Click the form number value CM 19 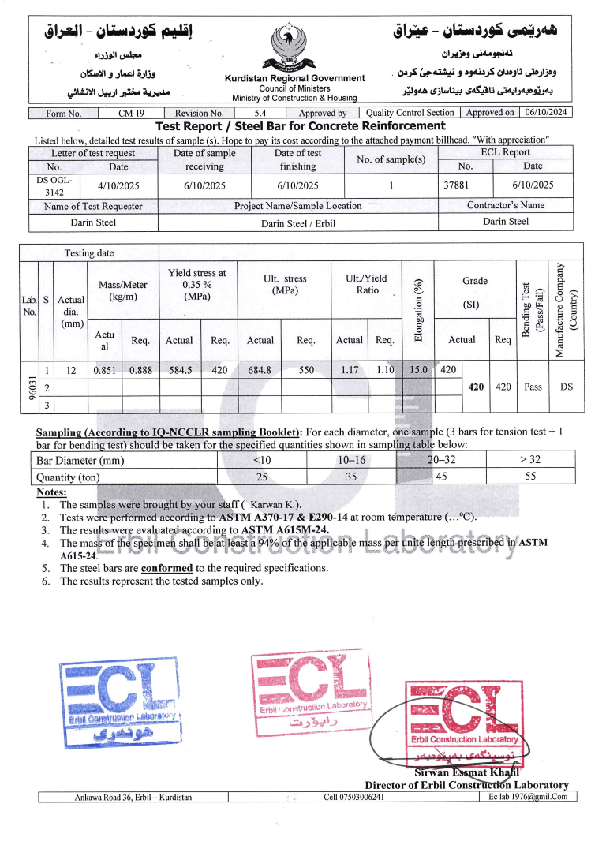coord(131,113)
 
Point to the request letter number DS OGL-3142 coord(54,185)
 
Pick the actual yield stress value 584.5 coord(178,369)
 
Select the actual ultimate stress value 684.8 coord(260,369)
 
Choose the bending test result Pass coord(533,387)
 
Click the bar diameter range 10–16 coord(351,461)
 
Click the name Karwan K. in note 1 coord(275,504)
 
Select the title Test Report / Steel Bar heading coord(300,126)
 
